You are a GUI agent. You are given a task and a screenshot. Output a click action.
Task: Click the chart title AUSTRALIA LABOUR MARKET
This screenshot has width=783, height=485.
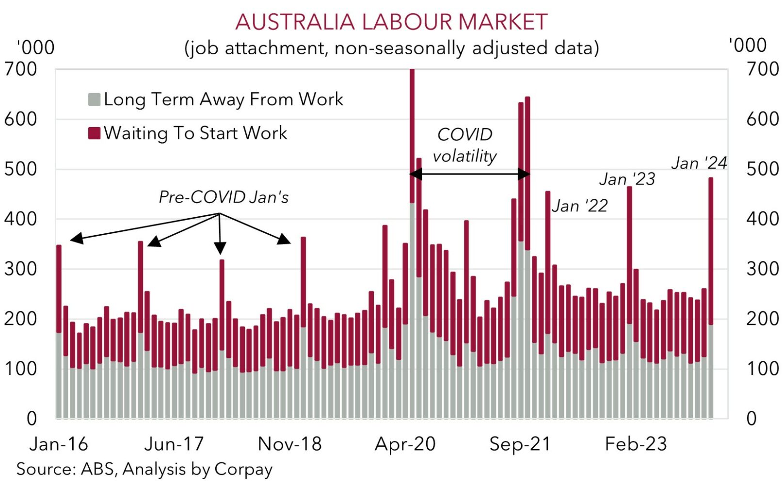[x=391, y=22]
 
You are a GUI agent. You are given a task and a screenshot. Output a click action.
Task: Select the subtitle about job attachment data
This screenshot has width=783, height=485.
[x=391, y=48]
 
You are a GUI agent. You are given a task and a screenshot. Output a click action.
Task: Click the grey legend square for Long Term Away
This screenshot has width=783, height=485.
[x=94, y=99]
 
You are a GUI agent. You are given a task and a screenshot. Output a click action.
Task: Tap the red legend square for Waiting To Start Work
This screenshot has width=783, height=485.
[x=94, y=133]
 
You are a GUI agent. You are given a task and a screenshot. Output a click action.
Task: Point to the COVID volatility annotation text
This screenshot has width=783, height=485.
[x=464, y=145]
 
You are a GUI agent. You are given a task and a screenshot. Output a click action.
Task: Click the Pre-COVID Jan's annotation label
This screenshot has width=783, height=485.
[x=224, y=197]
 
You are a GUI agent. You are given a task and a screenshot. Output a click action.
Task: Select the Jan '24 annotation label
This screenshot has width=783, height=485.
[x=699, y=163]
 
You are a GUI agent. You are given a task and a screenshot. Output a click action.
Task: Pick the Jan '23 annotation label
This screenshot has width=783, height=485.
[x=627, y=179]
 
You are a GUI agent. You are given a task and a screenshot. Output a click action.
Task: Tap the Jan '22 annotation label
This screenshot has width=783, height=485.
[x=579, y=206]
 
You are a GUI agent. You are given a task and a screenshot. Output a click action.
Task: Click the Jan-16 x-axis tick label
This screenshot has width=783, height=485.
[x=59, y=444]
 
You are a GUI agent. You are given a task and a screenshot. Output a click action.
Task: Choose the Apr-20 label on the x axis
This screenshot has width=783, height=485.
[x=405, y=444]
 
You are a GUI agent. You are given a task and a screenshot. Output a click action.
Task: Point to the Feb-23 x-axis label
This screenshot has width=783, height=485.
[x=636, y=444]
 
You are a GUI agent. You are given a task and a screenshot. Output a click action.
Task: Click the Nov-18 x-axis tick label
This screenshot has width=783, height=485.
[x=289, y=444]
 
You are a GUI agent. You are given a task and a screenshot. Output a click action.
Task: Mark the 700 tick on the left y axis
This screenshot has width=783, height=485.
[x=20, y=69]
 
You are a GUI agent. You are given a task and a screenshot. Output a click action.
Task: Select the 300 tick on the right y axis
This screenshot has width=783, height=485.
[x=763, y=269]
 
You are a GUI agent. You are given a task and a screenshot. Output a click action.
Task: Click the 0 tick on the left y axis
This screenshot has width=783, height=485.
[x=32, y=418]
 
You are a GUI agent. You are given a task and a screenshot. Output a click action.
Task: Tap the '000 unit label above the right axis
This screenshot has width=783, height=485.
[x=747, y=45]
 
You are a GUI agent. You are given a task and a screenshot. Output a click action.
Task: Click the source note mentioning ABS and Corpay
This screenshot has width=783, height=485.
[x=144, y=469]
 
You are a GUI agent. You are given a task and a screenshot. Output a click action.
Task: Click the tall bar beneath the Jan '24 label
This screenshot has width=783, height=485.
[x=711, y=291]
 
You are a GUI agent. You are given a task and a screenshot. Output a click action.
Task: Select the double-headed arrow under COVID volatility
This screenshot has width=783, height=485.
[x=469, y=174]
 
